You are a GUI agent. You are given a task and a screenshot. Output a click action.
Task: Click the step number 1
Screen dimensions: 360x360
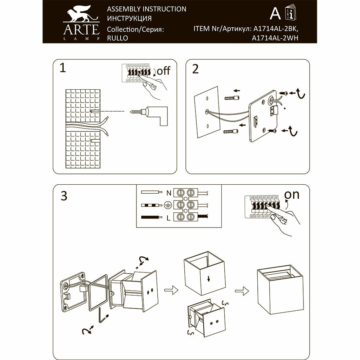(63, 68)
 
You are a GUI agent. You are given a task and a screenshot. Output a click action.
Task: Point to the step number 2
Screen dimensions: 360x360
(195, 68)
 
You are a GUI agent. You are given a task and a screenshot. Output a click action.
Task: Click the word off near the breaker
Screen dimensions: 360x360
(163, 71)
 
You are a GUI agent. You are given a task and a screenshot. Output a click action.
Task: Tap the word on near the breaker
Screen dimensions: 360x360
(292, 194)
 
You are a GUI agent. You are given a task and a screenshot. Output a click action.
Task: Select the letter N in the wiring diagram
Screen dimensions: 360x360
(168, 193)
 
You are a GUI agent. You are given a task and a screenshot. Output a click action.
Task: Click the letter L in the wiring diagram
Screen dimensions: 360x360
(168, 217)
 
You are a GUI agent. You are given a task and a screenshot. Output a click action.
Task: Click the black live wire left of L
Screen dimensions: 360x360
(152, 217)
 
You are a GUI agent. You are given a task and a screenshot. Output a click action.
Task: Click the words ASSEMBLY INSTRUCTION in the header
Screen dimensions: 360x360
(147, 9)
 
